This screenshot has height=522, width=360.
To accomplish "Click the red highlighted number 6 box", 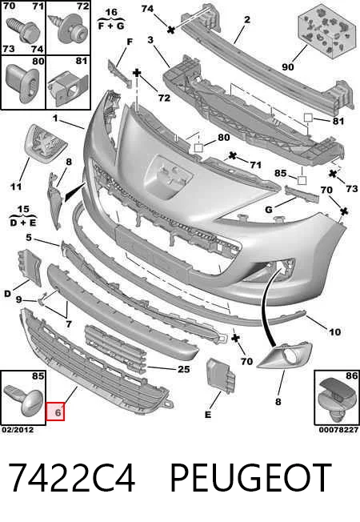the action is point(55,412).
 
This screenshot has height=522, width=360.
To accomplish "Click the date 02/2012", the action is point(18,430).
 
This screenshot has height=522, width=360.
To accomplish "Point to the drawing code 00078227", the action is point(338,430).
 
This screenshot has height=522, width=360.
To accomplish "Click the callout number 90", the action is point(288,66).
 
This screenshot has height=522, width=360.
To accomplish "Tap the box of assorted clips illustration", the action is point(322,31).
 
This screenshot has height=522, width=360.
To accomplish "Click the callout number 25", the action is point(184,369).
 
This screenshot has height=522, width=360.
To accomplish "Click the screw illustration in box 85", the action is point(24,400).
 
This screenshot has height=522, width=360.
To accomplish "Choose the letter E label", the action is point(208,415).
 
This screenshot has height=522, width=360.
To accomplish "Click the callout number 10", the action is point(334,331).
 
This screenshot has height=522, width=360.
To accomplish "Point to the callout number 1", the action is point(55,118).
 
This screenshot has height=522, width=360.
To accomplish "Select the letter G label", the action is point(269,210).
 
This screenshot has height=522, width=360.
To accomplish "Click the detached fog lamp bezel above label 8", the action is point(285,355).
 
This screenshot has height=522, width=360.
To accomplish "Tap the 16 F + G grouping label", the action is point(111,19).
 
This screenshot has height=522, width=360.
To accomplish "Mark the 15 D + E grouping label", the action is point(23,216).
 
